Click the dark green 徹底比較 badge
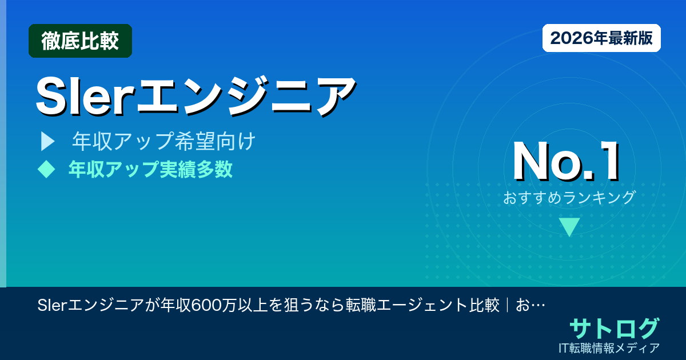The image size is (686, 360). pyautogui.click(x=80, y=41)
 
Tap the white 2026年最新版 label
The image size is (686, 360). pyautogui.click(x=601, y=38)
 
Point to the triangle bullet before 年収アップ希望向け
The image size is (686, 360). pyautogui.click(x=47, y=142)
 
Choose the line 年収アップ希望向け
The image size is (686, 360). pyautogui.click(x=163, y=142)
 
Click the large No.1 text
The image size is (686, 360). pyautogui.click(x=566, y=162)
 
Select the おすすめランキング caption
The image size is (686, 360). pyautogui.click(x=569, y=198)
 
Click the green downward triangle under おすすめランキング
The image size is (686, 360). pyautogui.click(x=569, y=226)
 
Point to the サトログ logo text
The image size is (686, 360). pyautogui.click(x=614, y=329)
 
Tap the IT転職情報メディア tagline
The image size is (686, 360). pyautogui.click(x=610, y=347)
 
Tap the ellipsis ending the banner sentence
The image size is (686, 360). pyautogui.click(x=537, y=305)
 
